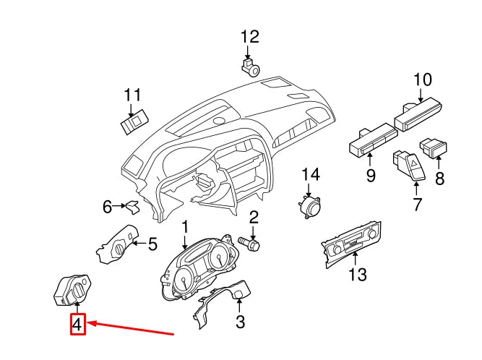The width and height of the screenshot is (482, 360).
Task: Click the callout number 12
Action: [249, 37]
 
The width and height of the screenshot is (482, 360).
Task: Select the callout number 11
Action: [132, 95]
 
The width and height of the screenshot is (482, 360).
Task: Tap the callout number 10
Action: [422, 79]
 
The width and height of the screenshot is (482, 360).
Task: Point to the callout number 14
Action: [310, 174]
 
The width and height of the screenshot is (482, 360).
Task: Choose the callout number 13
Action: [358, 274]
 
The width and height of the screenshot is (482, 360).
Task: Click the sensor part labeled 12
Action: [251, 67]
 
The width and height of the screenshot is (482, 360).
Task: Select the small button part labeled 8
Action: [436, 149]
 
